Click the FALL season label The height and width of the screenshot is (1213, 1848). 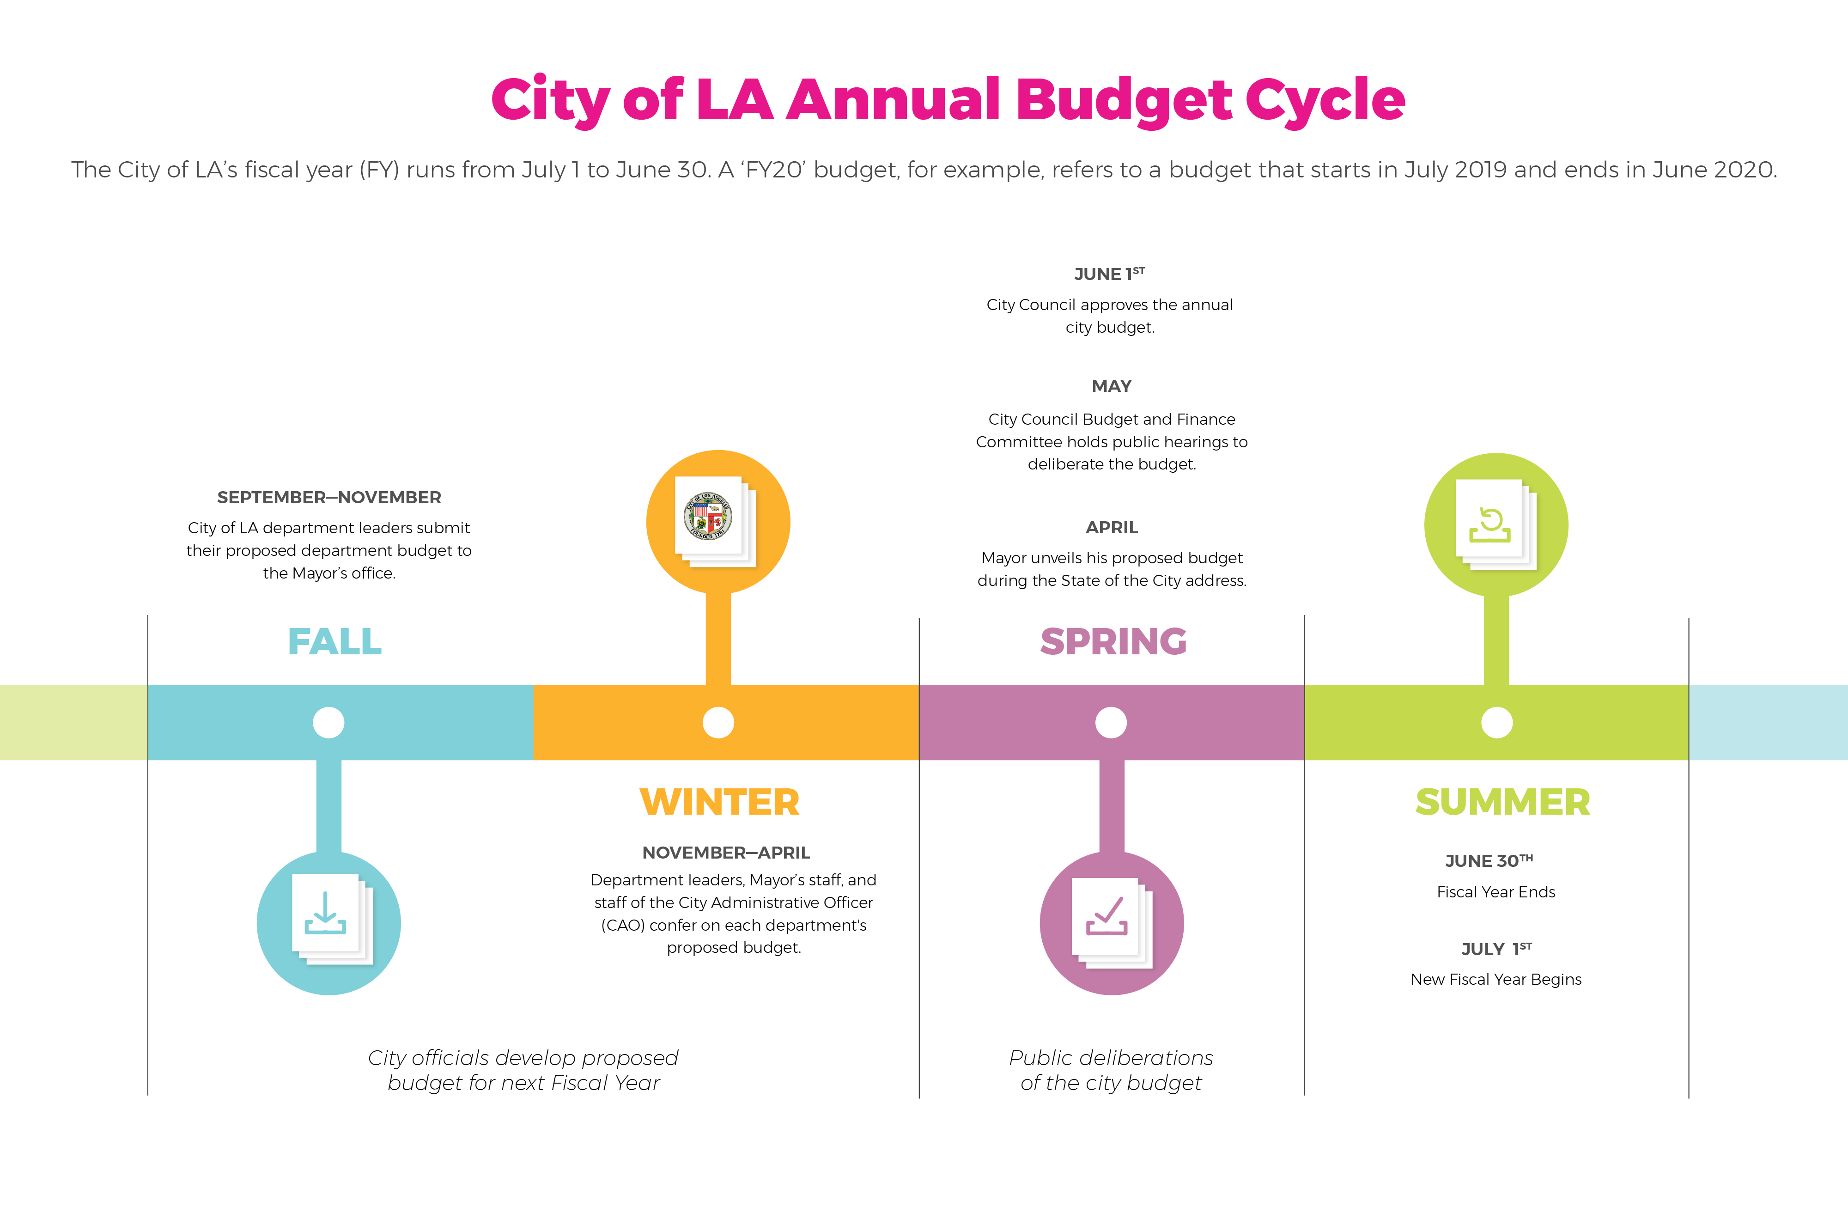click(x=334, y=641)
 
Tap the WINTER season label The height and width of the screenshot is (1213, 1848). click(x=719, y=802)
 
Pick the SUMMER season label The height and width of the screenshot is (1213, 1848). click(x=1502, y=802)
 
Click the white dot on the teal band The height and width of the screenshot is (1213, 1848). click(x=328, y=722)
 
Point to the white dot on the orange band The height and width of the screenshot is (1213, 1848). click(x=718, y=722)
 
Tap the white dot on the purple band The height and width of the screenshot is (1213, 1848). click(x=1111, y=722)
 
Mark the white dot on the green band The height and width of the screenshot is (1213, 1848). click(x=1496, y=722)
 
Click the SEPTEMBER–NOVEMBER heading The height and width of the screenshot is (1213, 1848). click(x=329, y=497)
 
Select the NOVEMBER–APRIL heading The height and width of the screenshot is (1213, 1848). click(x=726, y=853)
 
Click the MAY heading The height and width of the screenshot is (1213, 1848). click(x=1111, y=386)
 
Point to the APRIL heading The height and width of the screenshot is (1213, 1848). click(x=1111, y=527)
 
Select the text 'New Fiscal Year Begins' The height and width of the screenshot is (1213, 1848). click(x=1495, y=979)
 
